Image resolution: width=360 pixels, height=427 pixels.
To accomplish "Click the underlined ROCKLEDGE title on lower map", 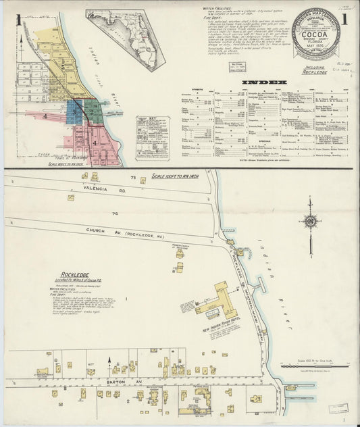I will click(x=72, y=274).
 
